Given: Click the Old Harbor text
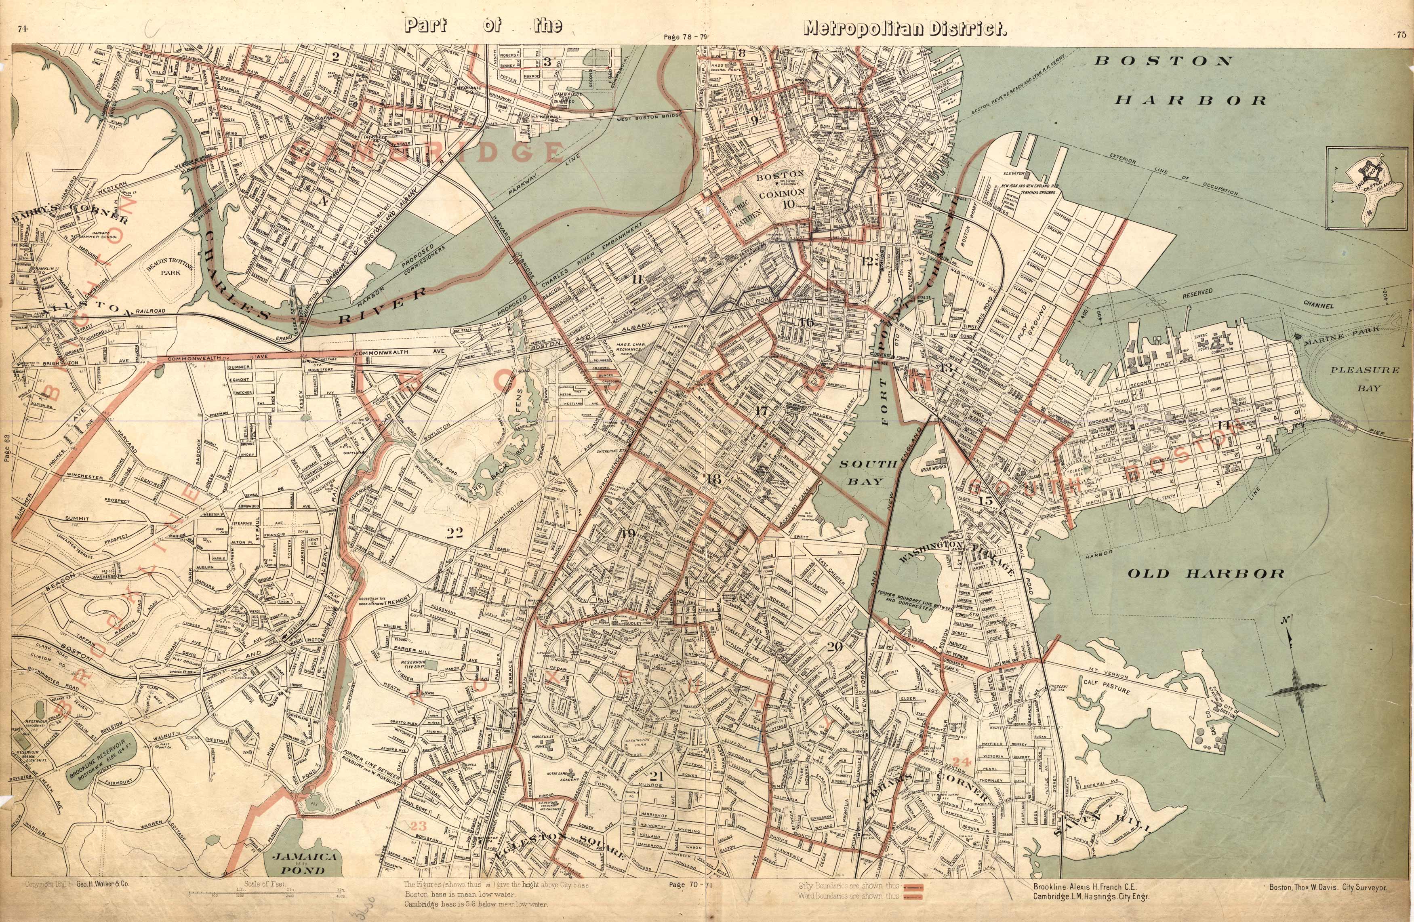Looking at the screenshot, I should [x=1206, y=574].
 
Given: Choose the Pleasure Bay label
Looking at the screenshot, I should [x=1365, y=379].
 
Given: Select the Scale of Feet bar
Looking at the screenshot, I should [x=267, y=893].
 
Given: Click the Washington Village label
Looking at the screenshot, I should [x=957, y=556].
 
